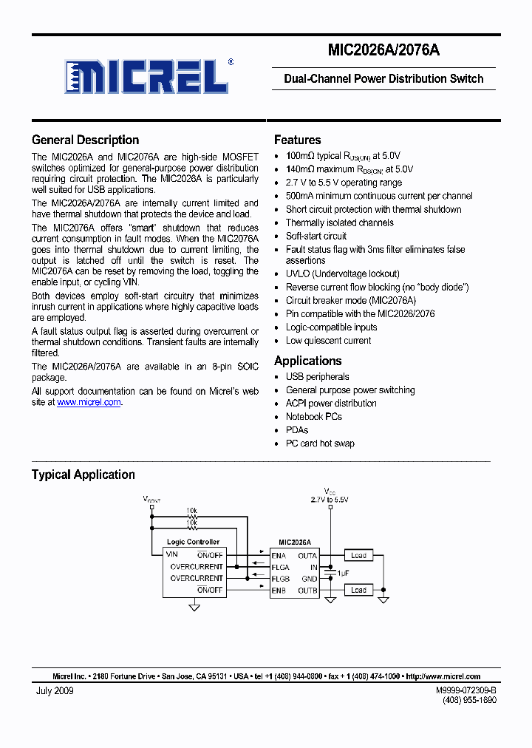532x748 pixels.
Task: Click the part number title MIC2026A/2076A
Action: click(383, 51)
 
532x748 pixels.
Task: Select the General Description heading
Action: click(85, 140)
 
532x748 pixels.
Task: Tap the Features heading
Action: click(297, 140)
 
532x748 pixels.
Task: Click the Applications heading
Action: click(307, 361)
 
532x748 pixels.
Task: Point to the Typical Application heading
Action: click(83, 475)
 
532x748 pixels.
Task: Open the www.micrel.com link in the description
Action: click(89, 402)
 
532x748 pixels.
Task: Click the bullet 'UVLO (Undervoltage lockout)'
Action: click(342, 273)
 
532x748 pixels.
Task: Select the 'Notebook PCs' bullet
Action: click(313, 416)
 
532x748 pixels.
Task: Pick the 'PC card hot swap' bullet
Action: click(320, 443)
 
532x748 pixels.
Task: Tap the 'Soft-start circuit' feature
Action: click(316, 236)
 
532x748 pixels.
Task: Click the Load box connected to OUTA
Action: click(358, 555)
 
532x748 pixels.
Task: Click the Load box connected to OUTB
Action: click(358, 590)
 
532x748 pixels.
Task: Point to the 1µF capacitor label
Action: click(343, 573)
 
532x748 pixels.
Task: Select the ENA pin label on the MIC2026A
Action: click(279, 555)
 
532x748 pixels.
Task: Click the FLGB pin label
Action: click(280, 579)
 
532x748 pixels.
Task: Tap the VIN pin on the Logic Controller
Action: click(172, 554)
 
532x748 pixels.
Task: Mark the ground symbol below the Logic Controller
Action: click(194, 607)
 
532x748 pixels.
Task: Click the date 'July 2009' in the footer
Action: click(55, 690)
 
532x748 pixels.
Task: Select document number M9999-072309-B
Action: click(465, 690)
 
